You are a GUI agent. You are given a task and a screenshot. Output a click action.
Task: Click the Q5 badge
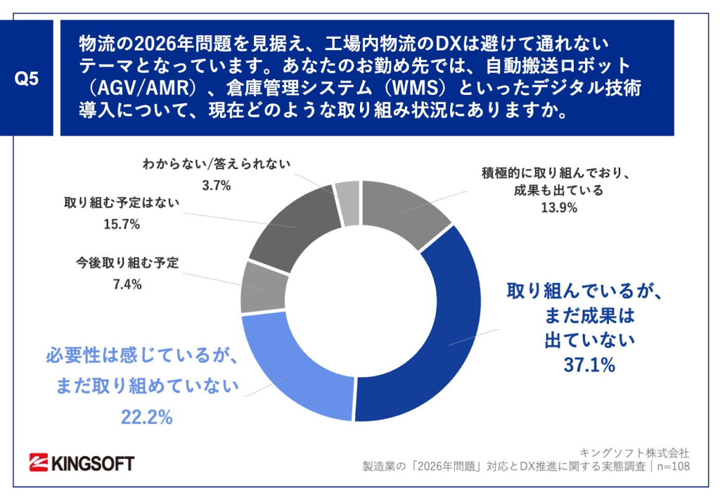[27, 78]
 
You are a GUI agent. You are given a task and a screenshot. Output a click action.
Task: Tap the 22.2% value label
[147, 417]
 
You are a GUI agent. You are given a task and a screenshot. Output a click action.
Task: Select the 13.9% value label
[559, 208]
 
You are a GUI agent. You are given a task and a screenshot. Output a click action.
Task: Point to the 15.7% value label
[122, 225]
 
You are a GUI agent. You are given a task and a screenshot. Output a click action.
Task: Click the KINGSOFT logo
[82, 462]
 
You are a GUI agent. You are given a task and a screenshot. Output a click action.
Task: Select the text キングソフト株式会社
[635, 452]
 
